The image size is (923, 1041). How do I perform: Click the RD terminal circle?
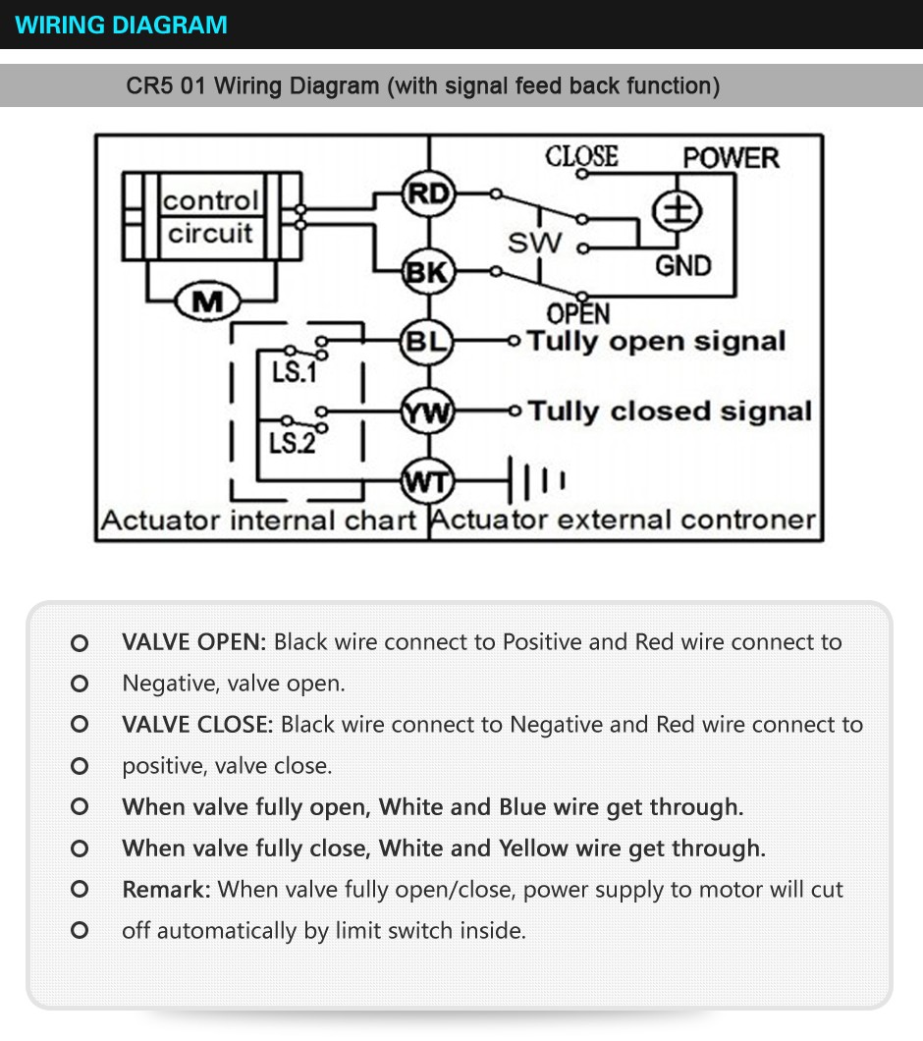[x=428, y=194]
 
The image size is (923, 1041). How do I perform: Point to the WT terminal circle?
[x=427, y=482]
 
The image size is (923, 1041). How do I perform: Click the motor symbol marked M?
[x=207, y=301]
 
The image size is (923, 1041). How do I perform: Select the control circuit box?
[x=210, y=217]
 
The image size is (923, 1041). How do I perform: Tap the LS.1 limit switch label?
[x=293, y=373]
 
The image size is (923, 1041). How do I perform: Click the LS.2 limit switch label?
[x=293, y=443]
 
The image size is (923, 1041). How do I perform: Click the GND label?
[x=682, y=265]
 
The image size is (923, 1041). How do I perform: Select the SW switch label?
[x=535, y=243]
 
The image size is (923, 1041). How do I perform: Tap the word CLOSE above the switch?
[x=581, y=157]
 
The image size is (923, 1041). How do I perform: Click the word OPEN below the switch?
[x=578, y=314]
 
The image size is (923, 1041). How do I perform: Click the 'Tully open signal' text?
[x=656, y=342]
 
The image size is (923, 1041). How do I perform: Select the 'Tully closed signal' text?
[x=670, y=411]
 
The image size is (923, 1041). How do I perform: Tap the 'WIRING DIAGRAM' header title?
[x=122, y=25]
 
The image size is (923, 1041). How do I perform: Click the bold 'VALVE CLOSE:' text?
[x=196, y=725]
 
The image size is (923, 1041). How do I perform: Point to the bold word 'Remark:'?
[x=166, y=890]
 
